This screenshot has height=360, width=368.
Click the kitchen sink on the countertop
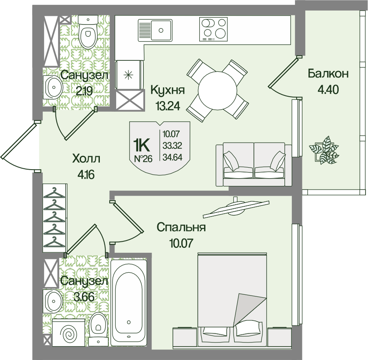[x=155, y=30]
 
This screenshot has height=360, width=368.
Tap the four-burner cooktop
[x=213, y=29]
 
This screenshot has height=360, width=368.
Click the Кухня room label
[x=168, y=90]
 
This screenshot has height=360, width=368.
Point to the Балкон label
[x=328, y=74]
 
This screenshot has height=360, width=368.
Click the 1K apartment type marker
[x=141, y=146]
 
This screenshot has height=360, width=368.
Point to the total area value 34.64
[x=172, y=157]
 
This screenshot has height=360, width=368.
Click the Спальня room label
[x=181, y=227]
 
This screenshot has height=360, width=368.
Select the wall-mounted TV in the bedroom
[x=236, y=208]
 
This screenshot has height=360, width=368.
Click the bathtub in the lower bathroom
[x=128, y=303]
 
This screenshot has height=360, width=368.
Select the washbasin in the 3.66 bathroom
[x=53, y=301]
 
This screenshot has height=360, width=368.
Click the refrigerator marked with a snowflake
[x=129, y=75]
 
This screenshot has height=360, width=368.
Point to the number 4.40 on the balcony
[x=328, y=89]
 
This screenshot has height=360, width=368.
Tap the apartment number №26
[x=143, y=159]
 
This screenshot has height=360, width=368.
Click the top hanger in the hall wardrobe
[x=55, y=192]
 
